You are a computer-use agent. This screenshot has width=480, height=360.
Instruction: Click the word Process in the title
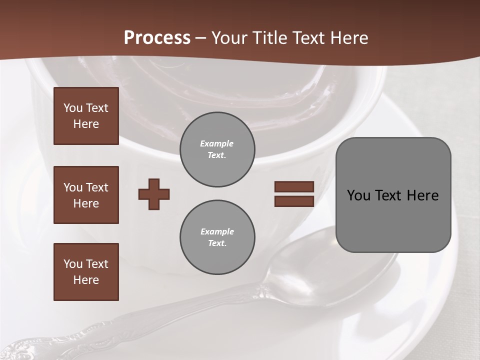point(157,38)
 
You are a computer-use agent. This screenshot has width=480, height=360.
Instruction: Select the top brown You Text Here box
point(86,116)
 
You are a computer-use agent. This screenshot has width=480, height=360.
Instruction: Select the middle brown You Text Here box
point(86,195)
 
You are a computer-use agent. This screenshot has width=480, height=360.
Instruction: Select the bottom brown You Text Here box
point(86,272)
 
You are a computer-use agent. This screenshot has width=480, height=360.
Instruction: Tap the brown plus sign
point(154,194)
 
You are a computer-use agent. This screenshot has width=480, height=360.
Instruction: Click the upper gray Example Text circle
point(217,149)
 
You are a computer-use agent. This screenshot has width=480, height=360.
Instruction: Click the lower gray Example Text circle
point(217,237)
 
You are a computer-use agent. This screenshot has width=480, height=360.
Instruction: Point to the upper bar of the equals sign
point(294,187)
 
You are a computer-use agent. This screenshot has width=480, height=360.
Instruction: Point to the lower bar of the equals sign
point(294,201)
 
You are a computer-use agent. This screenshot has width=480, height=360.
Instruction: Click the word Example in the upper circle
point(217,144)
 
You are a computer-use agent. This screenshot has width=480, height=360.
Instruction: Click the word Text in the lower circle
point(217,243)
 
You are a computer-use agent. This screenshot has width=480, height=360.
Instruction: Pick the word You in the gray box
point(358,195)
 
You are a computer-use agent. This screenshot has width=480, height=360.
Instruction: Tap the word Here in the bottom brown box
point(86,280)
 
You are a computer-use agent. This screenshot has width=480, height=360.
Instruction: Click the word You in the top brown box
point(73,108)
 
